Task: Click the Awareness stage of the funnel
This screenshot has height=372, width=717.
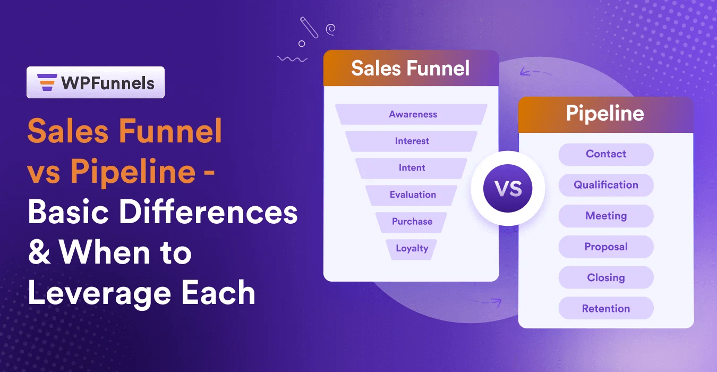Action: click(412, 114)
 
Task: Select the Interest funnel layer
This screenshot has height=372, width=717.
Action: click(412, 141)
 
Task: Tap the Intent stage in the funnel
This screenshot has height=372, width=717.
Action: click(412, 168)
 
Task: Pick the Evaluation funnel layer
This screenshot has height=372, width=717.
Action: click(412, 195)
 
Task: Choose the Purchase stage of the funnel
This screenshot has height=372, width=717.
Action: click(412, 222)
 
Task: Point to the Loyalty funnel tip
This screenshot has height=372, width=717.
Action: click(412, 248)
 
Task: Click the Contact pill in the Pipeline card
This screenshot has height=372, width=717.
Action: click(605, 154)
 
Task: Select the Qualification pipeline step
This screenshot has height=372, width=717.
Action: click(605, 185)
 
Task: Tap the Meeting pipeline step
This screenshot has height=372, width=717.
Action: click(605, 216)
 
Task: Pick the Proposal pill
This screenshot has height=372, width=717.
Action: click(605, 247)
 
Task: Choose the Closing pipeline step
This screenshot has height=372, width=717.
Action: click(605, 277)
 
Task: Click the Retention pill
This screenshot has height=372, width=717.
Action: click(605, 308)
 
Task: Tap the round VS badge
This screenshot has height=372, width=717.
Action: click(508, 188)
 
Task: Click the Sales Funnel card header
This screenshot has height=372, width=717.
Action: click(411, 69)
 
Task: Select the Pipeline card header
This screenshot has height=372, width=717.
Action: click(605, 114)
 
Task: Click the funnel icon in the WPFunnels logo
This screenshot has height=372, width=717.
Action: click(46, 82)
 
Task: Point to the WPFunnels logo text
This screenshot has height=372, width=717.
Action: click(107, 83)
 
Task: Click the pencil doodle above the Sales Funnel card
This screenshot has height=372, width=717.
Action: click(309, 27)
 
